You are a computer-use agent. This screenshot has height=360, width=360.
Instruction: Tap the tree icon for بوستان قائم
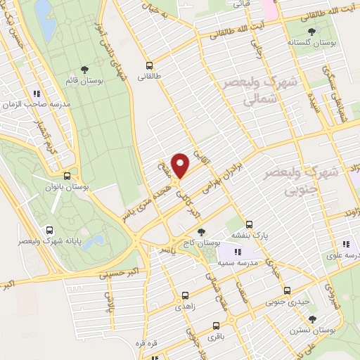click(85, 70)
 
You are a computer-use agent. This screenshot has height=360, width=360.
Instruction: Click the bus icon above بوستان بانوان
click(67, 176)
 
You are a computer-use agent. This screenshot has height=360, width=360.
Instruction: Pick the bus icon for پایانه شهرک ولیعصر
click(49, 229)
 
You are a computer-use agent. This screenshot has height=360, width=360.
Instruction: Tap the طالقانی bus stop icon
click(148, 63)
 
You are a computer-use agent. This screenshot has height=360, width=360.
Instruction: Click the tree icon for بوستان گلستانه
click(311, 32)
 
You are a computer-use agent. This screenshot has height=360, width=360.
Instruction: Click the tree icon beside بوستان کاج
click(202, 231)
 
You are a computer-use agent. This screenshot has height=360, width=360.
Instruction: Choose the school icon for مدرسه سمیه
click(238, 252)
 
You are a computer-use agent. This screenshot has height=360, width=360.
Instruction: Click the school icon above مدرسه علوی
click(345, 244)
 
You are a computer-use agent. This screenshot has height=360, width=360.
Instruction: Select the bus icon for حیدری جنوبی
click(287, 291)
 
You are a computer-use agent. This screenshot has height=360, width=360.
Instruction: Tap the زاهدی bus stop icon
click(185, 296)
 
